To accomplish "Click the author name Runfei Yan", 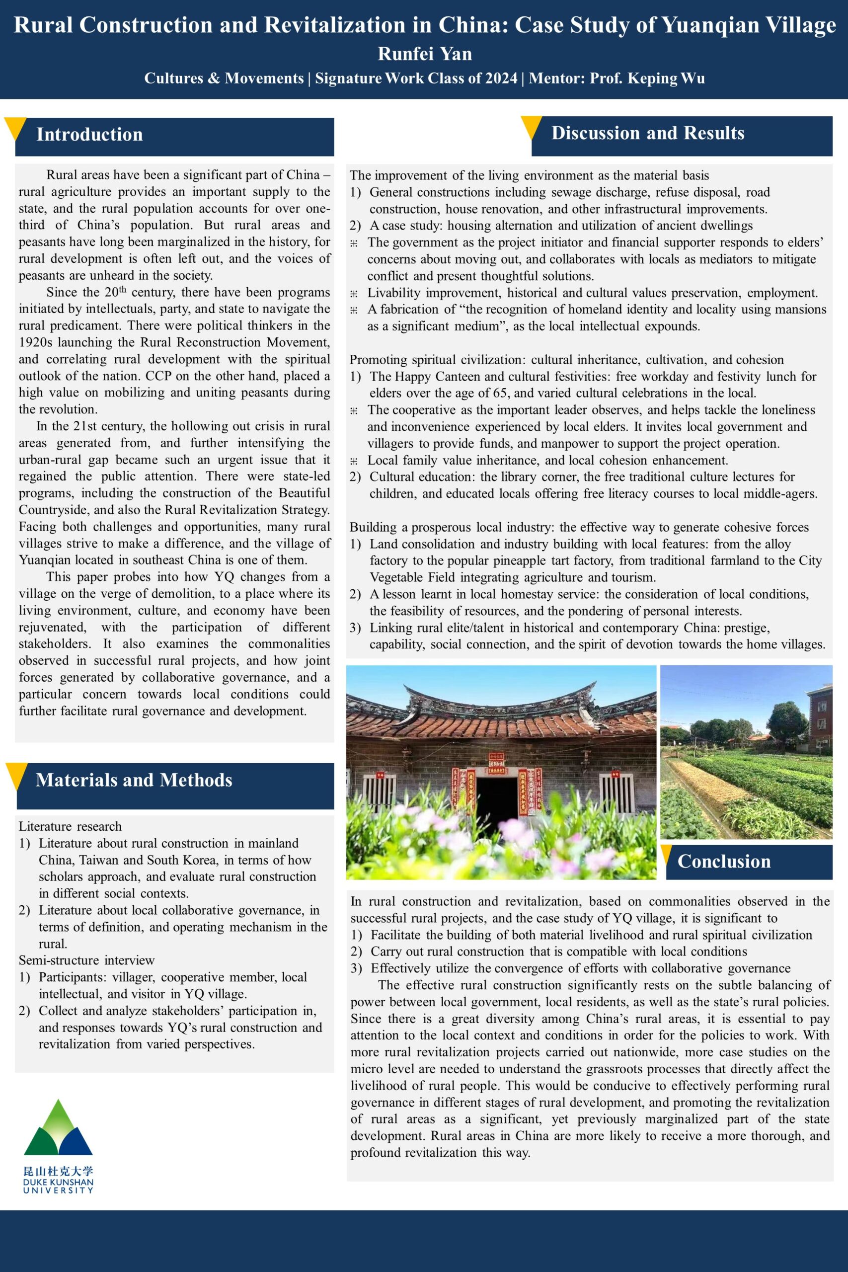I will (425, 54).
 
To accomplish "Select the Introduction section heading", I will (89, 134).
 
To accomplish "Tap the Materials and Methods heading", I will (134, 780).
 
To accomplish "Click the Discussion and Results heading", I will (647, 133).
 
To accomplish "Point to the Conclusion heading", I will (724, 861).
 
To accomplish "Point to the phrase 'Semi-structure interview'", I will (86, 960).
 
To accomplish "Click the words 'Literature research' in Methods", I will (71, 826).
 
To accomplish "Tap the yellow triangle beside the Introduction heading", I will (15, 129).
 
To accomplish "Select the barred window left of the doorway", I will (377, 795).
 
